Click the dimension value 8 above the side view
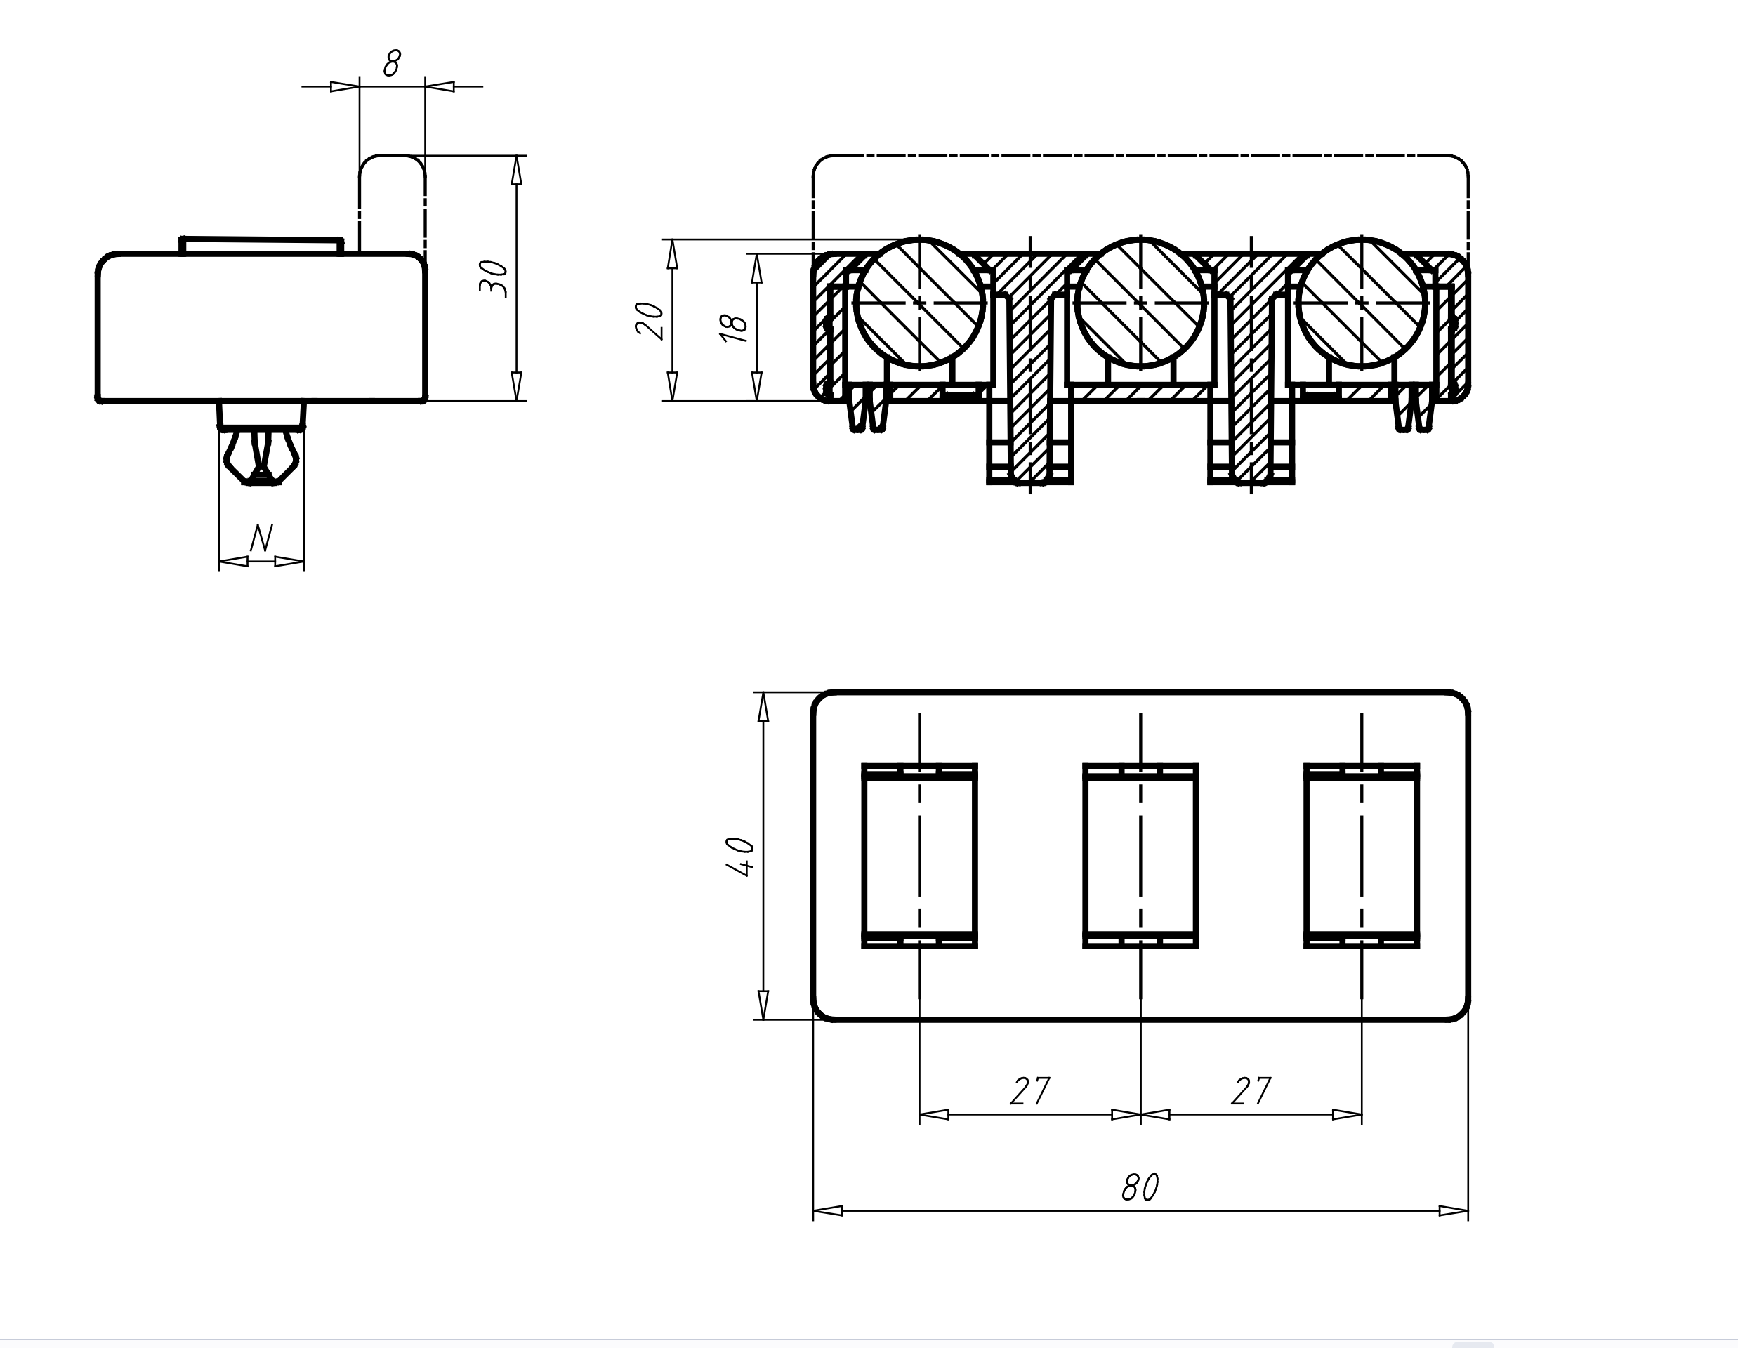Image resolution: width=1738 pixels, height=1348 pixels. (x=392, y=63)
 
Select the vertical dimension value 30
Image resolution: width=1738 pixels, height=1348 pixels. (x=494, y=278)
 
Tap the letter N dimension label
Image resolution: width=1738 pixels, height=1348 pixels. (x=261, y=538)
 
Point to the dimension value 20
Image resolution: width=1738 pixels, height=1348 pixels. (x=650, y=320)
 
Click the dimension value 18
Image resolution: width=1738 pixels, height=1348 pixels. (x=734, y=327)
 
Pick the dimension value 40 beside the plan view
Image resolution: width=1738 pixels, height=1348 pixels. (x=741, y=857)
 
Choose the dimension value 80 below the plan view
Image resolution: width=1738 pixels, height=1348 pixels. (x=1140, y=1188)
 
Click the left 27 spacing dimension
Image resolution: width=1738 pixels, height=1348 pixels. (x=1029, y=1091)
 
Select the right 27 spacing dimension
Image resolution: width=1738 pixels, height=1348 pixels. (x=1251, y=1091)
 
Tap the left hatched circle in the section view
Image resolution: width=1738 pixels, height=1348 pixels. (x=919, y=303)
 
